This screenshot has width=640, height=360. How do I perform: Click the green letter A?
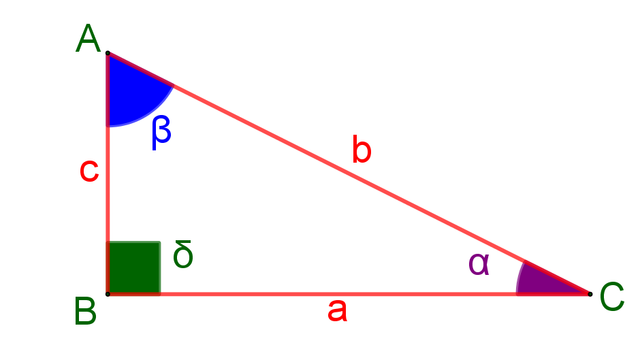coord(88,39)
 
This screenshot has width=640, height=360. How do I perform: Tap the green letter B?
coord(86,313)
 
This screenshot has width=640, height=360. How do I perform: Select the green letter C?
coord(611,298)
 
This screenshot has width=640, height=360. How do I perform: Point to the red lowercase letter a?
coord(337,311)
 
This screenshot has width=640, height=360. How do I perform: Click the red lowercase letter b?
coord(362,150)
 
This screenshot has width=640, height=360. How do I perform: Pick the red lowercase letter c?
coord(89,171)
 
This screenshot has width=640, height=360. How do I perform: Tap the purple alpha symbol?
coord(479,263)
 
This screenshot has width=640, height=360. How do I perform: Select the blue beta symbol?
coord(161,131)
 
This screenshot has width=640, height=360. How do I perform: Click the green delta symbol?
coord(183,257)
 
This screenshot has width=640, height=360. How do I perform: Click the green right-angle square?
coord(135,266)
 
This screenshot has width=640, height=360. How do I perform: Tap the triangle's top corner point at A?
coord(108,53)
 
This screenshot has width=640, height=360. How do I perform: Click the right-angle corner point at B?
coord(108,293)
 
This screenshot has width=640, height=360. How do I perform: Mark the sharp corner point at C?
coord(588,293)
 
